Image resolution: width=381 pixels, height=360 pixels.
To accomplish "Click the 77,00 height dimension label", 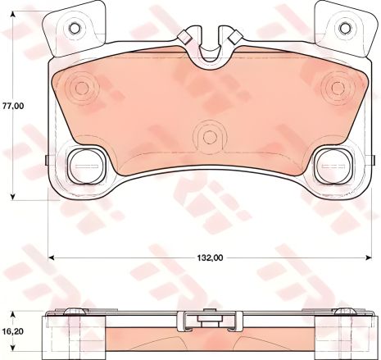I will [12, 106].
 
